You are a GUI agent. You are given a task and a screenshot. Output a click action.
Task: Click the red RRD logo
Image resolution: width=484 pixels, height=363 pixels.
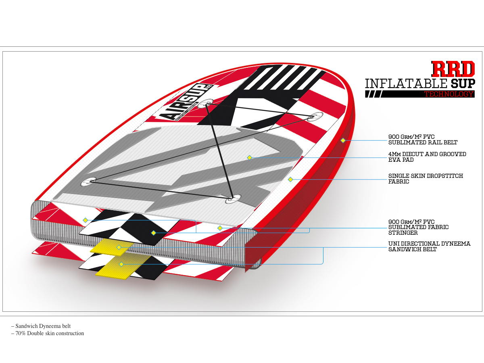pyautogui.click(x=453, y=69)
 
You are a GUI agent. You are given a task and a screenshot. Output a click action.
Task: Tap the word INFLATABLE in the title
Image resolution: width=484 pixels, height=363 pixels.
pyautogui.click(x=406, y=84)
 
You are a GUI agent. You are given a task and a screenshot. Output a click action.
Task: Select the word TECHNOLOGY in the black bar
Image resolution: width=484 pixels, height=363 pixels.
pyautogui.click(x=449, y=94)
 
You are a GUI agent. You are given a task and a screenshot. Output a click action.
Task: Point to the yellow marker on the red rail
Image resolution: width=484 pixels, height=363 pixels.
pyautogui.click(x=343, y=140)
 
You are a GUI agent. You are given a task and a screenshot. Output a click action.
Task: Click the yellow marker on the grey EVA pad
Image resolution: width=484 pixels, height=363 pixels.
pyautogui.click(x=250, y=157)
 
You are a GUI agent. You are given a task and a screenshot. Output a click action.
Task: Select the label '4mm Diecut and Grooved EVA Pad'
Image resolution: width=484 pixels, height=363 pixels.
pyautogui.click(x=427, y=157)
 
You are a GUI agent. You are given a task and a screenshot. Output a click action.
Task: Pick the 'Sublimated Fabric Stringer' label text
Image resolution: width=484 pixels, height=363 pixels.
pyautogui.click(x=418, y=227)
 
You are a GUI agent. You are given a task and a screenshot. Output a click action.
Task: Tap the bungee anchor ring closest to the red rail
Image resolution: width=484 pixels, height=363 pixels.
pyautogui.click(x=315, y=117)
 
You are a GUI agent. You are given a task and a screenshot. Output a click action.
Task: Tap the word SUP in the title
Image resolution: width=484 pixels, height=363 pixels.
pyautogui.click(x=463, y=84)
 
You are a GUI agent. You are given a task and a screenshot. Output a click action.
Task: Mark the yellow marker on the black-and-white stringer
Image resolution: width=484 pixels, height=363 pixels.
pyautogui.click(x=153, y=233)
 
